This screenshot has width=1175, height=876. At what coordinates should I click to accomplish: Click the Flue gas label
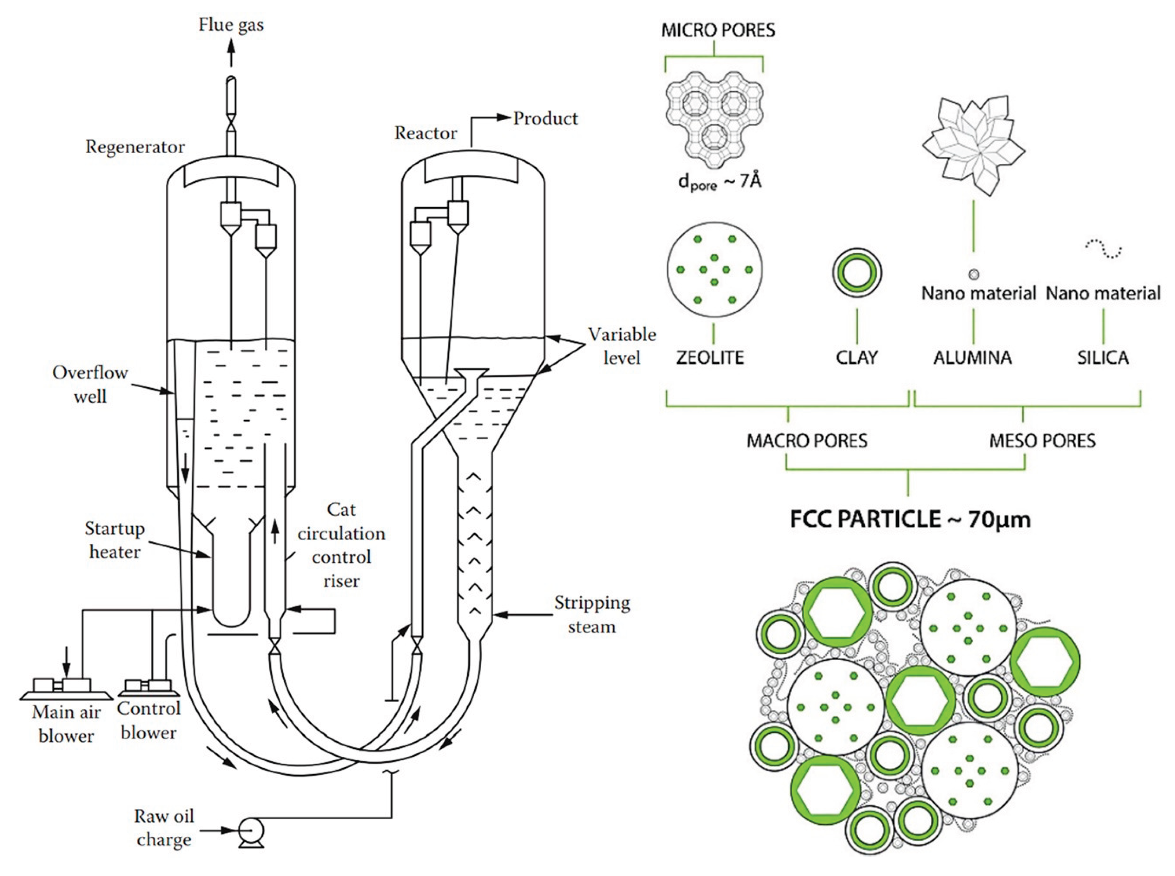click(x=231, y=25)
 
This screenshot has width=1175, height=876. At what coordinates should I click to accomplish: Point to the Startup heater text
click(x=115, y=540)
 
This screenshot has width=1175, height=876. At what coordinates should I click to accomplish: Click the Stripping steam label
click(x=592, y=615)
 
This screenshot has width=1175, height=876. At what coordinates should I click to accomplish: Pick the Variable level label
click(x=622, y=346)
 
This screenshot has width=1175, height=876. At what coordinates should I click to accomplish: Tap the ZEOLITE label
click(x=710, y=357)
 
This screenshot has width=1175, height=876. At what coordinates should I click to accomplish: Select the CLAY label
click(x=857, y=357)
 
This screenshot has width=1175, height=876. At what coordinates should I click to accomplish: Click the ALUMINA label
click(x=972, y=357)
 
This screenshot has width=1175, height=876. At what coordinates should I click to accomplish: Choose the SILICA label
click(x=1103, y=357)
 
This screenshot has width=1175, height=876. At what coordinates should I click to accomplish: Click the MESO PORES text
click(x=1042, y=441)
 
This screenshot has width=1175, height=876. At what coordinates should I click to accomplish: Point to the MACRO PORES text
click(x=807, y=441)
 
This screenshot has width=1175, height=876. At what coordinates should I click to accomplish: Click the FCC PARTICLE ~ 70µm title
click(x=910, y=519)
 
